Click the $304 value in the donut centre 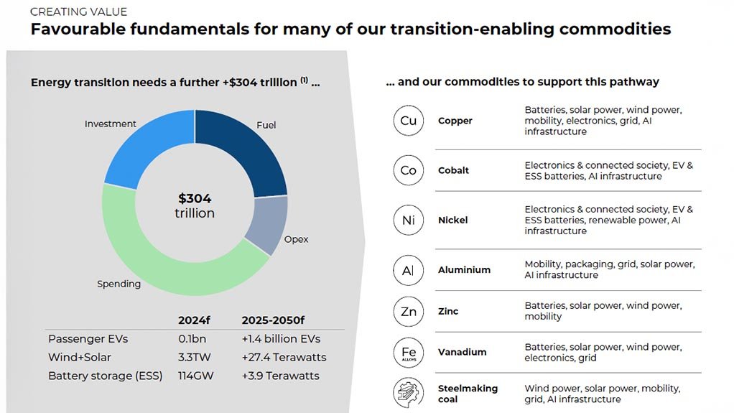click(195, 199)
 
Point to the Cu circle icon click(408, 121)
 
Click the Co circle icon click(408, 170)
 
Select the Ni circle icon click(408, 221)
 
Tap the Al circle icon click(408, 270)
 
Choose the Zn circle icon click(408, 312)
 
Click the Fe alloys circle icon click(408, 353)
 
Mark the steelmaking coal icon click(408, 394)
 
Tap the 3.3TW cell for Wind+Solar click(194, 357)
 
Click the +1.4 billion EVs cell click(281, 338)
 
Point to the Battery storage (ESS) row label click(106, 376)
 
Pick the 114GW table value click(195, 376)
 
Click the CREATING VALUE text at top click(78, 12)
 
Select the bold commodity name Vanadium click(462, 353)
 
